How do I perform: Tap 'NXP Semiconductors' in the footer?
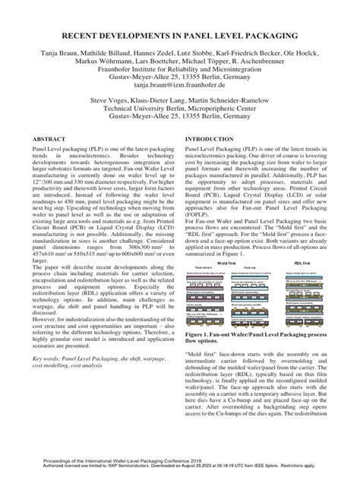[x=113, y=472]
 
